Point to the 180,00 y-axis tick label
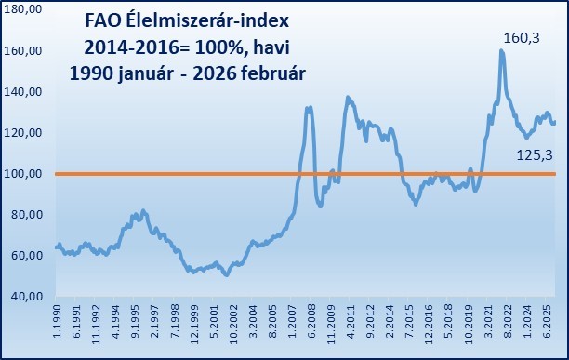26,10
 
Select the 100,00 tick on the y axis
26,174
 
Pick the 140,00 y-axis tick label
26,92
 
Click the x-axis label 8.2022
508,327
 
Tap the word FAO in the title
103,19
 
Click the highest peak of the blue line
502,51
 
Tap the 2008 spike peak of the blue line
309,108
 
